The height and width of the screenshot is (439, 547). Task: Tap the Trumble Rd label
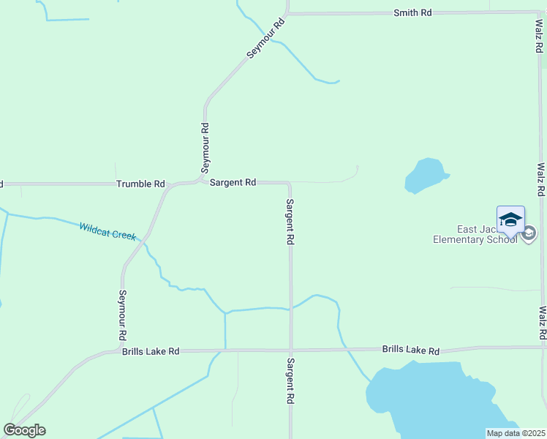point(141,184)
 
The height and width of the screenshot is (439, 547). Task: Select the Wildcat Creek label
point(107,231)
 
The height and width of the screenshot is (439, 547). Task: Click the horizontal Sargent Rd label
point(233,182)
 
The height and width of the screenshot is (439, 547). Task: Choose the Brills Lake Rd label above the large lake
point(411,350)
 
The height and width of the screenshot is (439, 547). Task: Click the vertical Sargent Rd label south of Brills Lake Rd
point(290,381)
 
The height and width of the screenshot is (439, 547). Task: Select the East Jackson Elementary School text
point(475,234)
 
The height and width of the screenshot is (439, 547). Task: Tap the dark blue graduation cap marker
point(510,219)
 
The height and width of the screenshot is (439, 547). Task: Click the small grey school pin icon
point(529,234)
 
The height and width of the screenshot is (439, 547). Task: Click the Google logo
point(24,429)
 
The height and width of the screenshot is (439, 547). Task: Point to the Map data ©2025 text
point(516,433)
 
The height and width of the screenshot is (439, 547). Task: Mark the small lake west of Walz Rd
point(425,176)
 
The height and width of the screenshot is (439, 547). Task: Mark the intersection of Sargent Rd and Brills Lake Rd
point(290,350)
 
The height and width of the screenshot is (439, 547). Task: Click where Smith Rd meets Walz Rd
point(537,12)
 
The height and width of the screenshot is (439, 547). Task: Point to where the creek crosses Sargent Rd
point(290,309)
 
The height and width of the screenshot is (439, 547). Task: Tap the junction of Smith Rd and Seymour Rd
point(287,13)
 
